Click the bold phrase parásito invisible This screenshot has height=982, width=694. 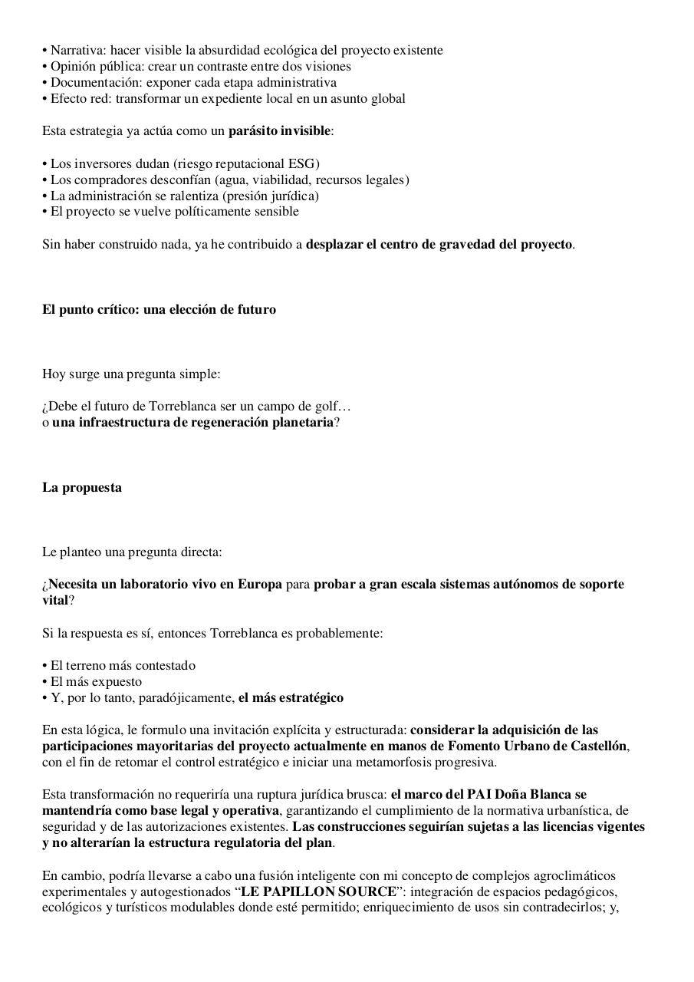pyautogui.click(x=279, y=131)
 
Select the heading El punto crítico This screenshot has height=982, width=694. pyautogui.click(x=91, y=310)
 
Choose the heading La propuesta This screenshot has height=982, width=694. pyautogui.click(x=82, y=488)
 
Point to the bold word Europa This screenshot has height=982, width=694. pyautogui.click(x=259, y=585)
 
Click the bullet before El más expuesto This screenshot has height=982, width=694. pyautogui.click(x=45, y=682)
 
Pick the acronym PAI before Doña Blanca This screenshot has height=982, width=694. pyautogui.click(x=479, y=795)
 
